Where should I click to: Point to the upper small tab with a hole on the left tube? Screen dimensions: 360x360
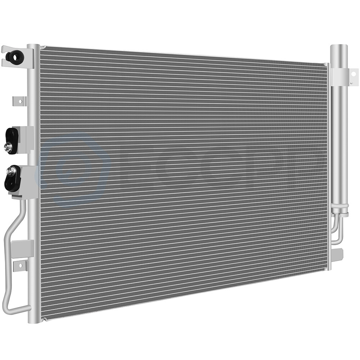[20, 101]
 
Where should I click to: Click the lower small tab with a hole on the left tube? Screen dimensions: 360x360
[20, 266]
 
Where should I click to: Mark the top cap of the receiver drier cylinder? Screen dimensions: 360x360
[339, 48]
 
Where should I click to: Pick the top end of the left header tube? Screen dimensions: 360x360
[33, 47]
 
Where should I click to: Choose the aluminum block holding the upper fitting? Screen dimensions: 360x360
[26, 139]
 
